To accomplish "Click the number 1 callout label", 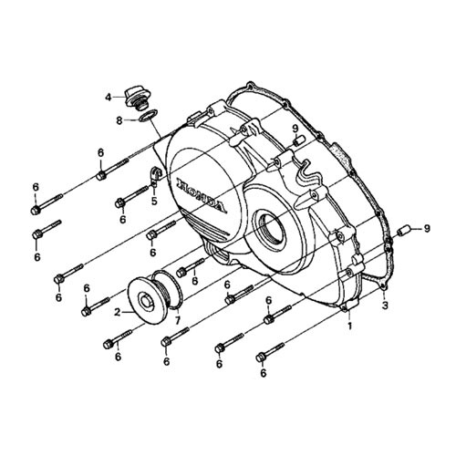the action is tap(350, 326).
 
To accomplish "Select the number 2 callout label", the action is tap(118, 312).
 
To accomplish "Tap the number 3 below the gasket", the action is tap(385, 306).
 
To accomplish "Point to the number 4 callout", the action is tap(109, 98).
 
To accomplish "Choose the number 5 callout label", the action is tap(154, 201).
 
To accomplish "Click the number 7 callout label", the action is tap(178, 320).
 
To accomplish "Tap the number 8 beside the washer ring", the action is tap(119, 120).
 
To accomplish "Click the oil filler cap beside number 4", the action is tap(135, 98).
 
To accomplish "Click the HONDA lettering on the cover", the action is tap(202, 195).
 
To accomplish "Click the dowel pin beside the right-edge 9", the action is tap(406, 230).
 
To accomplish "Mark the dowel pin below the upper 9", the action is tap(296, 142).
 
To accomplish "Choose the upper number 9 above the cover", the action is tap(295, 129).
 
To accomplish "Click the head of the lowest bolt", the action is tap(261, 358).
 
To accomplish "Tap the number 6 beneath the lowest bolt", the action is tap(264, 373).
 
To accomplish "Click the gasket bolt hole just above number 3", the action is tap(384, 287).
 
